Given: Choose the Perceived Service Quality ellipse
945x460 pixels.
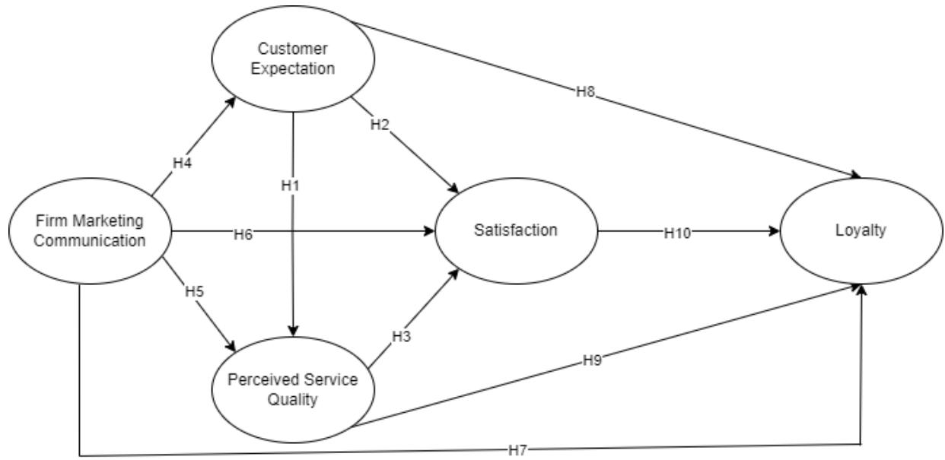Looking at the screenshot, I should (294, 389).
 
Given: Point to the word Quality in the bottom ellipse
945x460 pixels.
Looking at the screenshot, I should (294, 398).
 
